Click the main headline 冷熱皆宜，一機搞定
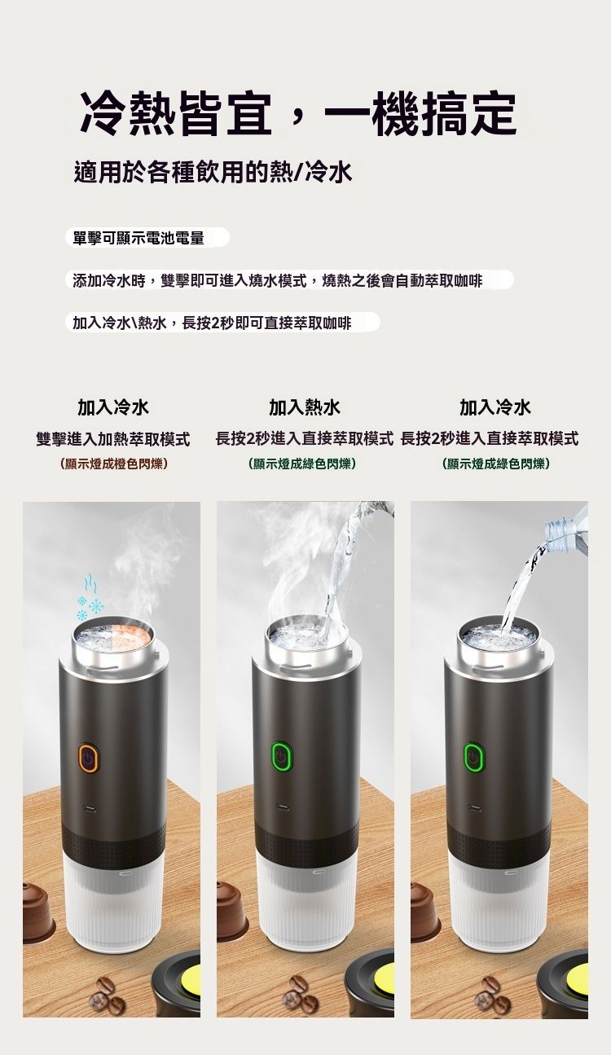pyautogui.click(x=297, y=113)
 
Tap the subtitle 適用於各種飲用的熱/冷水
pyautogui.click(x=213, y=172)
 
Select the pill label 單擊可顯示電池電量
pyautogui.click(x=138, y=238)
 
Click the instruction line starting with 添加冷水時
pyautogui.click(x=278, y=281)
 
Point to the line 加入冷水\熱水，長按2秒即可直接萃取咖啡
pyautogui.click(x=212, y=323)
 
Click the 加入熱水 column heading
pyautogui.click(x=305, y=407)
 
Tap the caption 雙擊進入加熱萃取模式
pyautogui.click(x=113, y=439)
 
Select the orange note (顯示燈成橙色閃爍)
pyautogui.click(x=113, y=464)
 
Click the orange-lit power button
pyautogui.click(x=88, y=758)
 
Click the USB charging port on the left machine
pyautogui.click(x=88, y=808)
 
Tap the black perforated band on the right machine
pyautogui.click(x=499, y=840)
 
